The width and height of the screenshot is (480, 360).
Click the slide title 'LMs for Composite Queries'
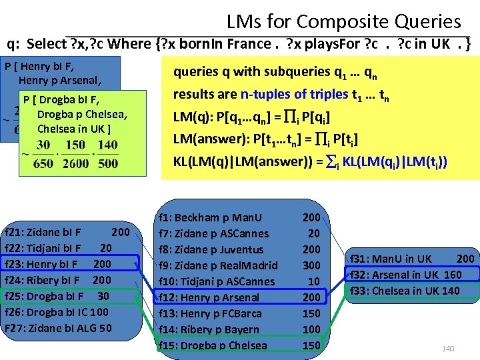pyautogui.click(x=343, y=21)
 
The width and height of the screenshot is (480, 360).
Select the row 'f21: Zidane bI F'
pyautogui.click(x=43, y=233)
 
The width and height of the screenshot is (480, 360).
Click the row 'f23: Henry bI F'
pyautogui.click(x=41, y=264)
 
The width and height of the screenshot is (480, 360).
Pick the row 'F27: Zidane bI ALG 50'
pyautogui.click(x=57, y=327)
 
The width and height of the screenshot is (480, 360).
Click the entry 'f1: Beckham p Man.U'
pyautogui.click(x=210, y=217)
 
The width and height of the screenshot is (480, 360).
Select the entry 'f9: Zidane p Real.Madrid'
pyautogui.click(x=216, y=265)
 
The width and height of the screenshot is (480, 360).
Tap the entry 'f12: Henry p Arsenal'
pyautogui.click(x=209, y=297)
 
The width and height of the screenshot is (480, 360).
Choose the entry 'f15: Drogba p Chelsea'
pyautogui.click(x=213, y=345)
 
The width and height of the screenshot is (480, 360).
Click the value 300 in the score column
pyautogui.click(x=311, y=265)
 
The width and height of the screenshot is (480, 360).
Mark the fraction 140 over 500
pyautogui.click(x=107, y=154)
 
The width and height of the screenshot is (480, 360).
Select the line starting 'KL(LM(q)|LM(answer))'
pyautogui.click(x=310, y=161)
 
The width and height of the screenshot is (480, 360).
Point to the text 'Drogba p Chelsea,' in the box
pyautogui.click(x=82, y=115)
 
